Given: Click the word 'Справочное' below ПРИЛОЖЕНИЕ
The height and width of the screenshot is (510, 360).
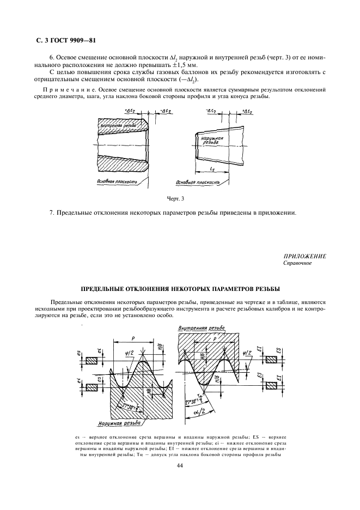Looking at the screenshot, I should coord(297,263).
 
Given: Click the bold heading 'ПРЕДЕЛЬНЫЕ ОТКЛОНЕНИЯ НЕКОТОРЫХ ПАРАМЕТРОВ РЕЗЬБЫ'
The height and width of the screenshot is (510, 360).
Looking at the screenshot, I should coord(179,287).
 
